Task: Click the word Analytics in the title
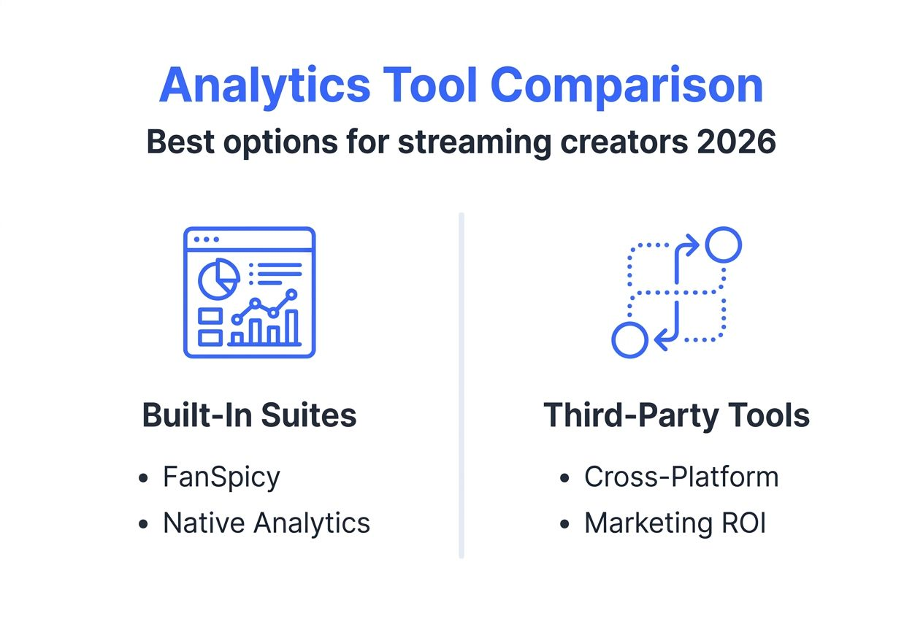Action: click(x=264, y=85)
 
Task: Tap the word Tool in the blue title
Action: click(x=430, y=85)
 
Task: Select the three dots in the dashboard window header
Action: click(x=206, y=239)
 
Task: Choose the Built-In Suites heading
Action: click(x=249, y=415)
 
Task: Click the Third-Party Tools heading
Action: click(x=676, y=415)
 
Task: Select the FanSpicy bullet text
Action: click(x=221, y=477)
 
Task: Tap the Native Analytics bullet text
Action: click(x=266, y=523)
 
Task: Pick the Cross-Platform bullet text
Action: click(x=681, y=477)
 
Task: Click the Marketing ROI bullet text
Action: click(x=674, y=523)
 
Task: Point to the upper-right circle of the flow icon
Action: click(x=724, y=245)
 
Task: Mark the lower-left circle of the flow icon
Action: click(x=629, y=339)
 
